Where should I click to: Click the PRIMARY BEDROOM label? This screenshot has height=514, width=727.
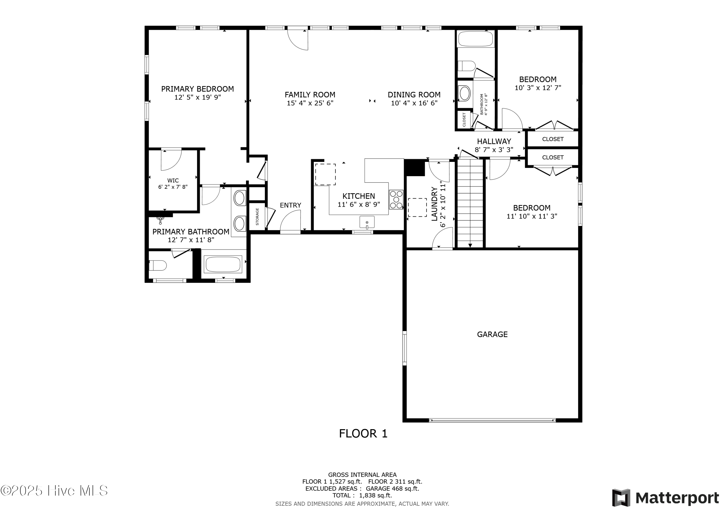pyautogui.click(x=197, y=89)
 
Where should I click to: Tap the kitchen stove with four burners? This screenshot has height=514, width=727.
pyautogui.click(x=396, y=199)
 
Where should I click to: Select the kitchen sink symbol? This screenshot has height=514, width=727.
pyautogui.click(x=367, y=222)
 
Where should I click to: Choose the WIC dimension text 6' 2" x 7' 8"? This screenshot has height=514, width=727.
pyautogui.click(x=173, y=187)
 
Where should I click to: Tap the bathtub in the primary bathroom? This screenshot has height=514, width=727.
pyautogui.click(x=223, y=264)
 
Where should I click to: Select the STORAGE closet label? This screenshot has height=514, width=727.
pyautogui.click(x=257, y=217)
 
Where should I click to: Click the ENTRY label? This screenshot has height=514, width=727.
pyautogui.click(x=290, y=205)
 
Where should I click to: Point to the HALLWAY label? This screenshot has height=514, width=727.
pyautogui.click(x=494, y=141)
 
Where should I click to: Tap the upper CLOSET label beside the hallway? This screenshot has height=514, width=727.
pyautogui.click(x=553, y=139)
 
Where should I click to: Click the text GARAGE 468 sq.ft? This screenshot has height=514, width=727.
pyautogui.click(x=392, y=489)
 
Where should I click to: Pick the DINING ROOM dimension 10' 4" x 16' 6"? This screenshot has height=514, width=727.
pyautogui.click(x=414, y=103)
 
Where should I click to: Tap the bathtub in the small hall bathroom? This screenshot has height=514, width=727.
pyautogui.click(x=475, y=39)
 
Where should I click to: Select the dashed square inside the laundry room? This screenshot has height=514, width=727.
pyautogui.click(x=417, y=207)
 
